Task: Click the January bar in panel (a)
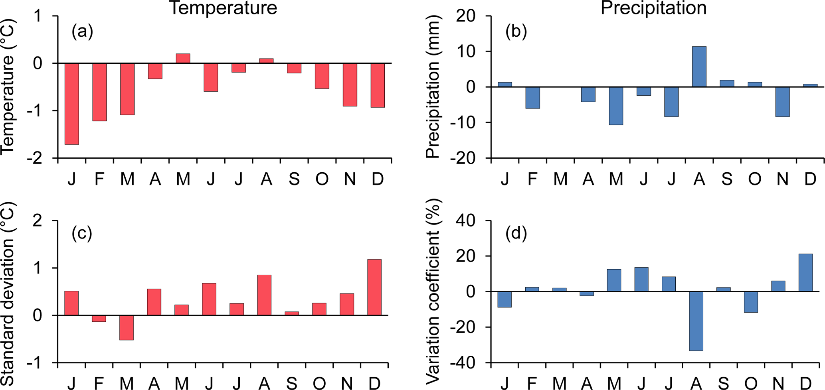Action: click(x=72, y=104)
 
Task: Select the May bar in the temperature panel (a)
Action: click(x=183, y=59)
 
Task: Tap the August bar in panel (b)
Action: click(x=699, y=67)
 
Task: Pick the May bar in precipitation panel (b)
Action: click(x=616, y=106)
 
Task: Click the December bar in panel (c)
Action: click(x=374, y=287)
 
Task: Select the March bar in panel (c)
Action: click(x=127, y=327)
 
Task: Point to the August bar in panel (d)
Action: click(x=696, y=321)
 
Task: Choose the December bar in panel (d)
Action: click(x=805, y=273)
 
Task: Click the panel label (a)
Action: click(x=82, y=32)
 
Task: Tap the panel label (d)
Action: click(x=516, y=233)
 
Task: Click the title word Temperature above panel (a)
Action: click(x=224, y=8)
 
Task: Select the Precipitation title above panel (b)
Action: click(x=653, y=8)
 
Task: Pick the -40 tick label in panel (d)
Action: click(x=463, y=363)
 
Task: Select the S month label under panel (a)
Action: click(x=294, y=179)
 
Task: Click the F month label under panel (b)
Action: click(x=532, y=179)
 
